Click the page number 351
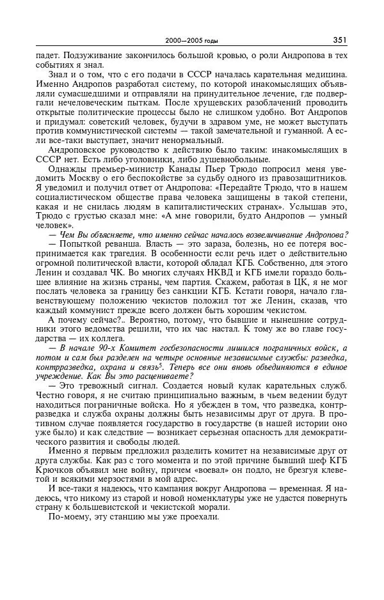[x=340, y=40]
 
